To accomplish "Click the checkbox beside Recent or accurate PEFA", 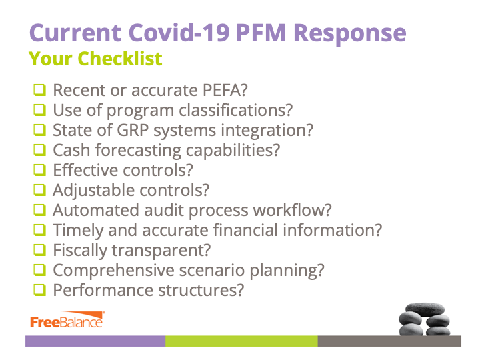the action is (40, 90).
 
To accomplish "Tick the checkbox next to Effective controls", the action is (40, 170).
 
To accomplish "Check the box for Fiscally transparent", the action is (40, 250).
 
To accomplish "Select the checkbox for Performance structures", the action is (40, 290).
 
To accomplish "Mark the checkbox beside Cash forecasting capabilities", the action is (40, 150).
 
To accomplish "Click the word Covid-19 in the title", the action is (179, 33).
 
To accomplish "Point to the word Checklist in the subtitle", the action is (120, 58).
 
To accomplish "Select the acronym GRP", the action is (133, 130).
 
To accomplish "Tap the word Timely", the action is (79, 231).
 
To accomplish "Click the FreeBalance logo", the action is (67, 320).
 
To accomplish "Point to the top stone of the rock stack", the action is (425, 309).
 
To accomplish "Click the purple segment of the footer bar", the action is (95, 341).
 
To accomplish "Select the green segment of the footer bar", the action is (241, 341).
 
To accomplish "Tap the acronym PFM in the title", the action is (261, 33).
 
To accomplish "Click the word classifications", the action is (236, 110).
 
